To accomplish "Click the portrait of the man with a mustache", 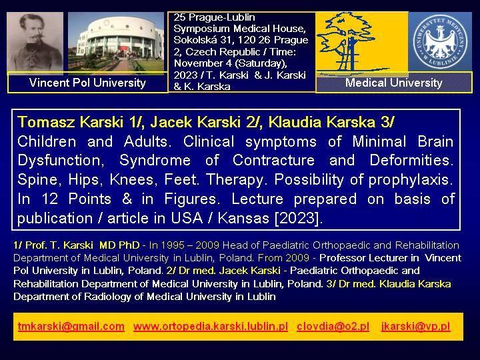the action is pos(35,43).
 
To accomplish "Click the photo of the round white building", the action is pos(116,43).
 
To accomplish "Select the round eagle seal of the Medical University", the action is pos(440,41).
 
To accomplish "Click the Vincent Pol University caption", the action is pos(87,83).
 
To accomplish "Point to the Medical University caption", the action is pos(394,83).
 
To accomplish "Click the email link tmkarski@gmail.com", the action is pos(71,326).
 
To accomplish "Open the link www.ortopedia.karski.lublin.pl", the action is pos(211,326).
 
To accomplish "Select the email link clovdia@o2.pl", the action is pos(333,326).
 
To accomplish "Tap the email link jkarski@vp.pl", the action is pos(416,326).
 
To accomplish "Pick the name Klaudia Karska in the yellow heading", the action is pos(322,122).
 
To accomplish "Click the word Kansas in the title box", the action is pos(244,218).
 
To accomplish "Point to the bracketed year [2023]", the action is pos(299,218).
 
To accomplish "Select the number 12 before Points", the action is pos(50,199).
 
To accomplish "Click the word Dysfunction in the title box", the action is pos(61,161).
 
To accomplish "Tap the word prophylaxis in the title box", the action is pos(411,180).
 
